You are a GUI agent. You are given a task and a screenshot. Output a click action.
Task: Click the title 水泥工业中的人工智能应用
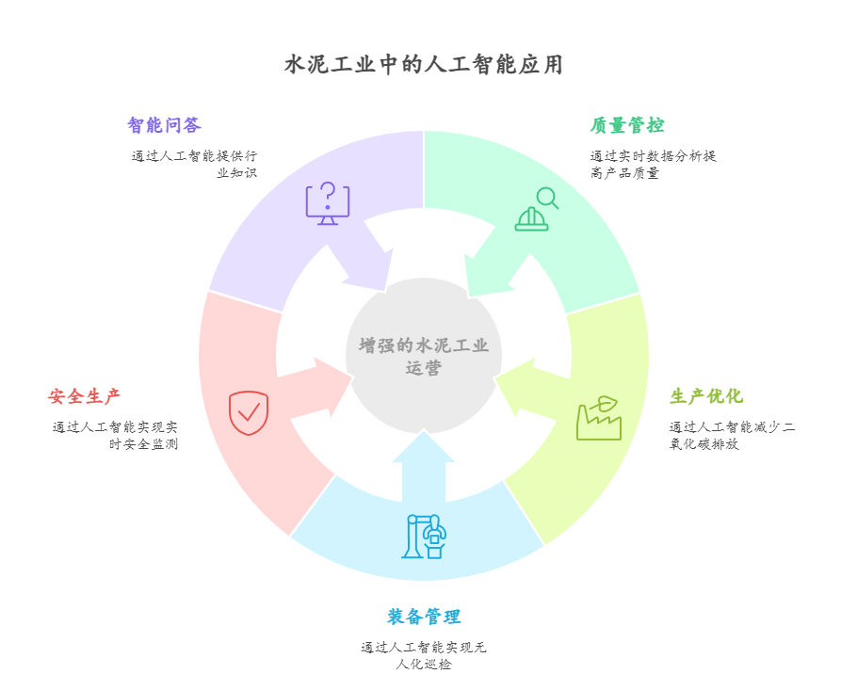[x=423, y=65]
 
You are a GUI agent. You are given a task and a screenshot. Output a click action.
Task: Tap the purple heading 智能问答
[x=164, y=125]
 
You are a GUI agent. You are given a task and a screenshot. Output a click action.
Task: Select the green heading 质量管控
[x=627, y=125]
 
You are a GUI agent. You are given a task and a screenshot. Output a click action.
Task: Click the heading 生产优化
[x=706, y=396]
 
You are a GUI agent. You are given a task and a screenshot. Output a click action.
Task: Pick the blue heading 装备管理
[x=424, y=617]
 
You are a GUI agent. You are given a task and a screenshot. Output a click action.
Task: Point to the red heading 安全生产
[x=85, y=396]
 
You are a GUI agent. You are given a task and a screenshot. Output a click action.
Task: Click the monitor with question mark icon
[x=327, y=202]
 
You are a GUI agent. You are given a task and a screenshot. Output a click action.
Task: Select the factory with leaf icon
[x=599, y=418]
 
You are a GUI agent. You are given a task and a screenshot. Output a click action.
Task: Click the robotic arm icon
[x=424, y=536]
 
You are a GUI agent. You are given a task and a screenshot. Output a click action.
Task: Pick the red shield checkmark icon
[x=249, y=412]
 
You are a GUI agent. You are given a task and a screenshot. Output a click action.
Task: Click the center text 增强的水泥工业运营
[x=424, y=357]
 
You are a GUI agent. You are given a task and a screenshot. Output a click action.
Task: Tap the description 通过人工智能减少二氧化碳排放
[x=732, y=436]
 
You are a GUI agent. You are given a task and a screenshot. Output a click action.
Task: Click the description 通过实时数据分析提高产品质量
[x=653, y=165]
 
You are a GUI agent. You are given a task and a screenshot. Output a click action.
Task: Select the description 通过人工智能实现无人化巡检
[x=424, y=655]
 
